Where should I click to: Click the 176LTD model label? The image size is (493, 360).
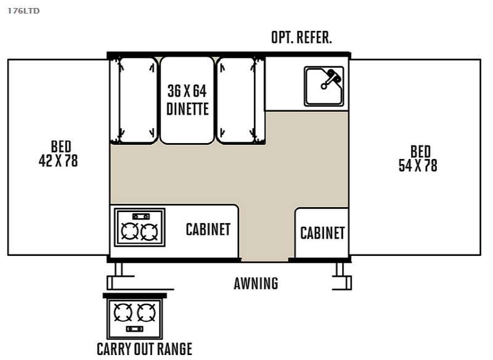(x=23, y=10)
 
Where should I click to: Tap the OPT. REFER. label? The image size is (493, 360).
(x=301, y=38)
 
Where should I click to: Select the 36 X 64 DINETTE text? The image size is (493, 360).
(x=187, y=100)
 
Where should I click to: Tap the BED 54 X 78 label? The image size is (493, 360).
(x=418, y=158)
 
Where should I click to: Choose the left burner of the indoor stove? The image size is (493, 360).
(x=130, y=232)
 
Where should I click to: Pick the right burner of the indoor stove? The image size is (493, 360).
(x=150, y=232)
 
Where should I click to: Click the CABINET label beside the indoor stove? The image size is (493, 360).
(x=208, y=229)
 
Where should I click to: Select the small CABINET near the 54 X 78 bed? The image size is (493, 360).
(x=322, y=233)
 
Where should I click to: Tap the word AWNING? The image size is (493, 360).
(x=256, y=284)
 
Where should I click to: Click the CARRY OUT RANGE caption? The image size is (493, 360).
(x=144, y=348)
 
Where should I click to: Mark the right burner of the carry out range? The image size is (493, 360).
(x=146, y=313)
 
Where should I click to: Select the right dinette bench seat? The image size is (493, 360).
(x=235, y=100)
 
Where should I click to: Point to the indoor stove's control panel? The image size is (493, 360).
(x=141, y=216)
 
